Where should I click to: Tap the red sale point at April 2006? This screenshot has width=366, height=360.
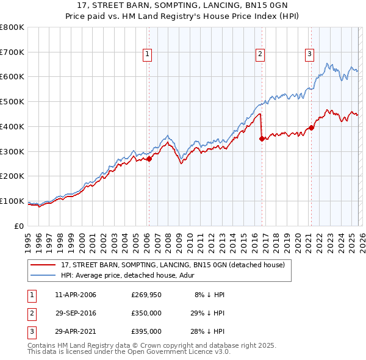(149, 159)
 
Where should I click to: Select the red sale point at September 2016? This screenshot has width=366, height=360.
(262, 139)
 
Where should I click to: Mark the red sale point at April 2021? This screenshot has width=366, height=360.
(311, 128)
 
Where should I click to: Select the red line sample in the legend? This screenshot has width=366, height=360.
(43, 265)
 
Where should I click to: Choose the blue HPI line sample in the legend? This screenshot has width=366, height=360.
(43, 275)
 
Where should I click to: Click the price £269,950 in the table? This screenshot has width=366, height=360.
(146, 295)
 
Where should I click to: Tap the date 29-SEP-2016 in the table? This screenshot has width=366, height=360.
(76, 313)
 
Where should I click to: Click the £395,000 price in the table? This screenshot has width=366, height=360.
(146, 331)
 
